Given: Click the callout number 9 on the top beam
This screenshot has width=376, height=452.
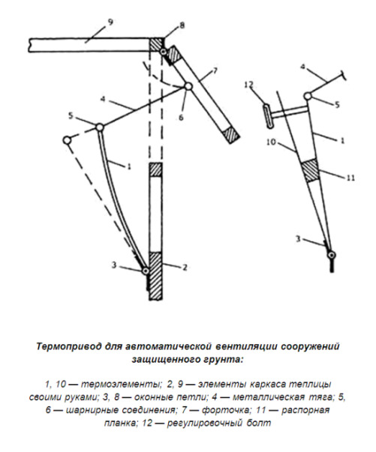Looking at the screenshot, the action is click(x=110, y=22).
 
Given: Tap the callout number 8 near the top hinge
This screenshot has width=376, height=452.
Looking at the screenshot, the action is click(x=182, y=25).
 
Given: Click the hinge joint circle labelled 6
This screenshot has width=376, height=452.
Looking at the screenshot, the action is click(x=188, y=86).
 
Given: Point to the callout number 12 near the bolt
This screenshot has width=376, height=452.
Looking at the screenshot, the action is click(x=248, y=85).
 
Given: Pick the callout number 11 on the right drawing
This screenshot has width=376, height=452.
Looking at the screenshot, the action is click(x=350, y=178).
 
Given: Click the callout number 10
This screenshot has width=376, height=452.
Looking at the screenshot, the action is click(x=272, y=142).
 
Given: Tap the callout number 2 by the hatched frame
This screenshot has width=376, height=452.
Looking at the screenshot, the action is click(x=185, y=267).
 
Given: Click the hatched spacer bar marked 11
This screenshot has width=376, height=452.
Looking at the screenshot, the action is click(x=310, y=171).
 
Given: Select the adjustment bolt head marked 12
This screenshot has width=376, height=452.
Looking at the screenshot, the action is click(x=267, y=116).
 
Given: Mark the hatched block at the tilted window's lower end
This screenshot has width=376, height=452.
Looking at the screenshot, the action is click(x=231, y=135).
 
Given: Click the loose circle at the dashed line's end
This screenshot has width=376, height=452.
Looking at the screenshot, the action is click(x=67, y=140).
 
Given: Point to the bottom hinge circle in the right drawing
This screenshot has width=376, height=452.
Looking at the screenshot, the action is click(x=332, y=255).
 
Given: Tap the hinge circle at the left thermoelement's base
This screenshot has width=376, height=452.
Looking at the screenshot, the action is click(x=146, y=271).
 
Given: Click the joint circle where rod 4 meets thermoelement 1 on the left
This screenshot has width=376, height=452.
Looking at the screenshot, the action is click(x=100, y=127).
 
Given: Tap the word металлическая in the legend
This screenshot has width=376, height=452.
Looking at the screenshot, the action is click(x=269, y=397).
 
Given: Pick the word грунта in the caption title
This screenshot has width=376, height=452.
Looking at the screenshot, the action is click(x=224, y=360).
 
